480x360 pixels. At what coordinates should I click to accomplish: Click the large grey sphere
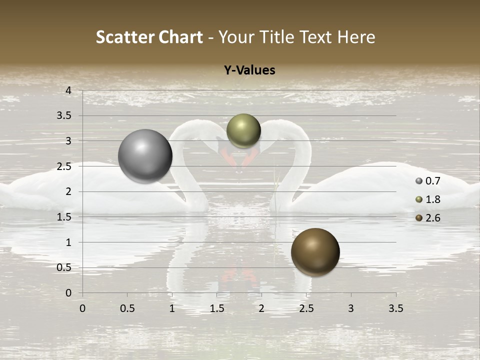[x=145, y=156]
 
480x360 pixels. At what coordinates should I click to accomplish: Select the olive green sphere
[x=243, y=130]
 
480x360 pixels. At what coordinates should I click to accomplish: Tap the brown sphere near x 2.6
[x=315, y=252]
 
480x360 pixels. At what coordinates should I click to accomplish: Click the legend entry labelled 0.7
[x=428, y=181]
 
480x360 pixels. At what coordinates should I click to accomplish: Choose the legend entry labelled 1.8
[x=428, y=199]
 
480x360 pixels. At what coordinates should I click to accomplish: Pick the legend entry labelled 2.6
[x=428, y=218]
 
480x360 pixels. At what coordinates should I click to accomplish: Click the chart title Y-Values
[x=249, y=70]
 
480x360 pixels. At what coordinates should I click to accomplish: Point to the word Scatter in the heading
[x=125, y=37]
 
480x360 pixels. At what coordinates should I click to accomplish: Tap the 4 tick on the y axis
[x=68, y=90]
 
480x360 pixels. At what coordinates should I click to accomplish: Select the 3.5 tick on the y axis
[x=65, y=116]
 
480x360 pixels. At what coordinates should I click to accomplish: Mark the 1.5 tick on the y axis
[x=65, y=217]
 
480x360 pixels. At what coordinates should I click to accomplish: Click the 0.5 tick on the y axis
[x=65, y=268]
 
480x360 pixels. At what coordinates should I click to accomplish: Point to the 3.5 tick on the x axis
[x=395, y=308]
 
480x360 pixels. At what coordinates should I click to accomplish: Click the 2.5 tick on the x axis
[x=306, y=308]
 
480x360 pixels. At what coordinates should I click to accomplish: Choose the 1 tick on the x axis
[x=172, y=308]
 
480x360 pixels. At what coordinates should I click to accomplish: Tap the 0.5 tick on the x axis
[x=127, y=308]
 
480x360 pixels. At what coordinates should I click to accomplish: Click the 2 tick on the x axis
[x=261, y=308]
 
